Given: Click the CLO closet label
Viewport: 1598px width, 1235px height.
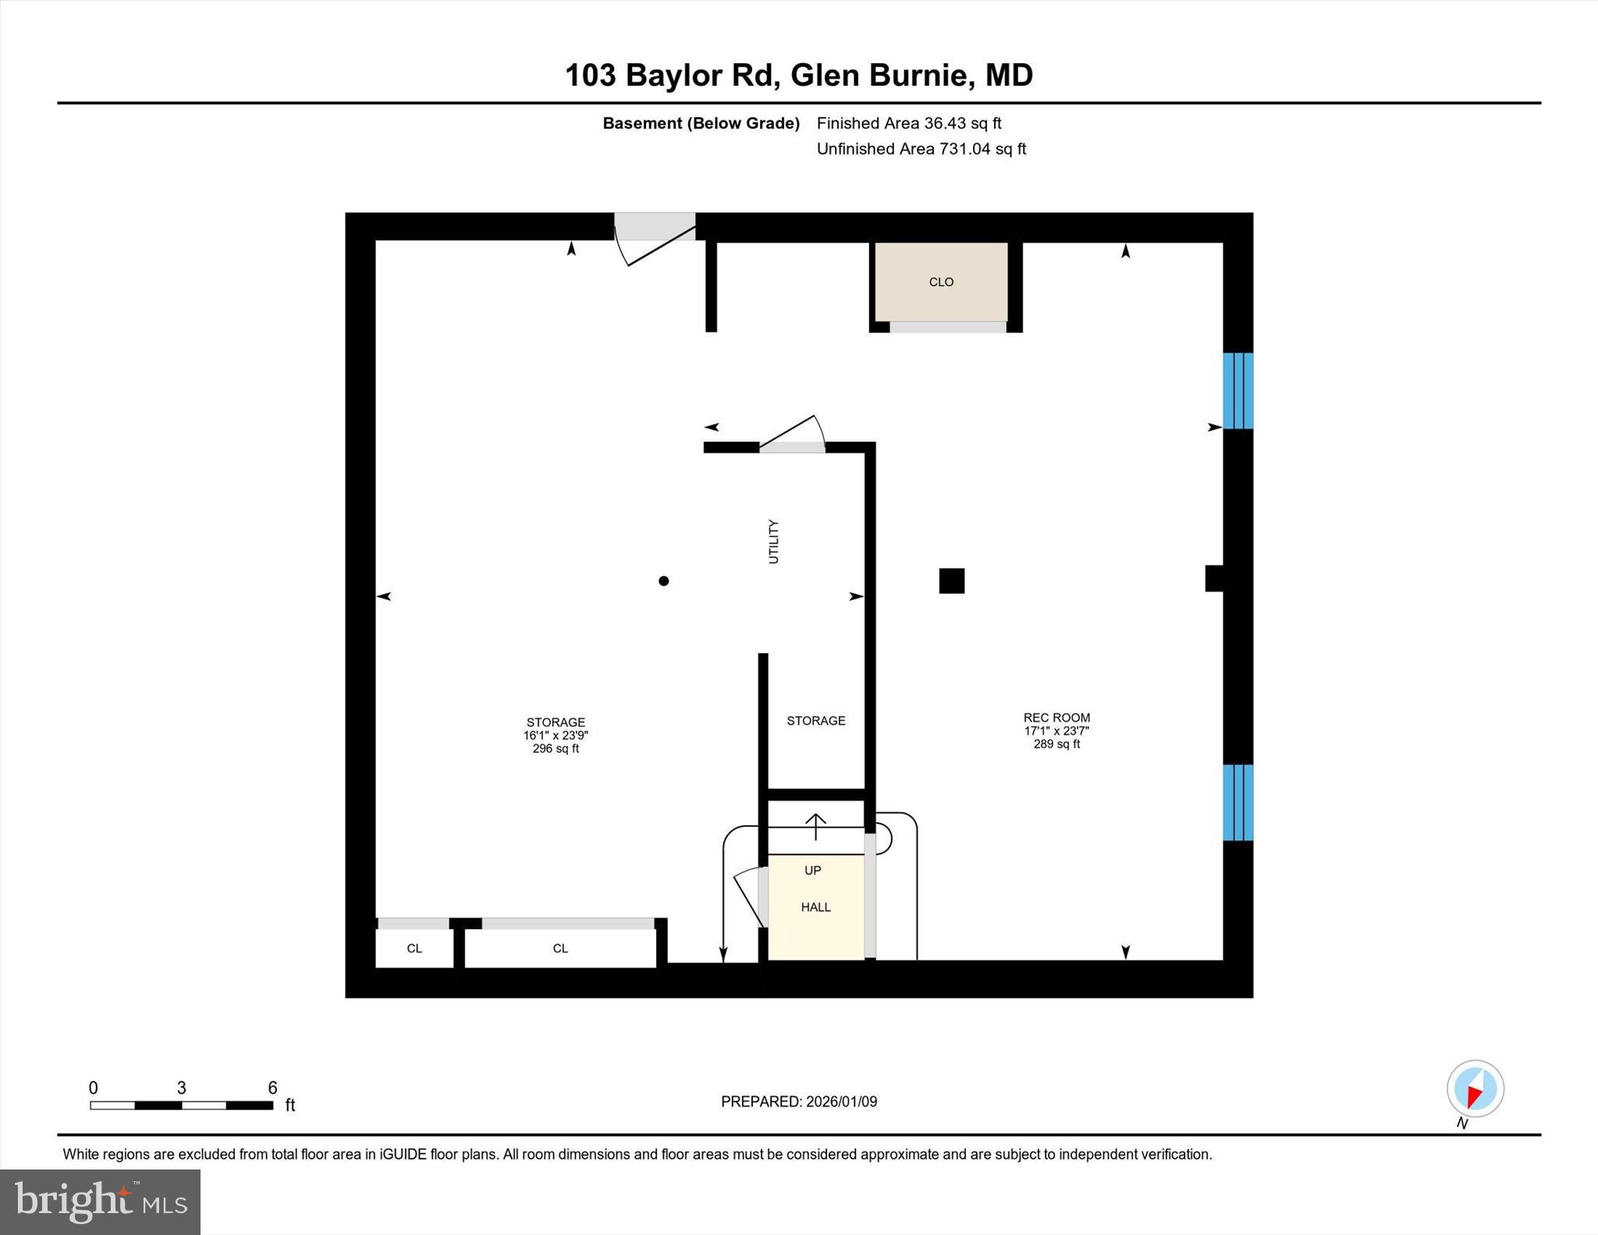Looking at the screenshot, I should point(941,282).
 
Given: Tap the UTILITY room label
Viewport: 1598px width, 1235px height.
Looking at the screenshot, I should point(773,541).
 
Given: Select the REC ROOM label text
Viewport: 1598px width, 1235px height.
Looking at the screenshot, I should point(1056,718).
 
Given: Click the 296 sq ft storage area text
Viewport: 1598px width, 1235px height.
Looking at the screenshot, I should point(556,749).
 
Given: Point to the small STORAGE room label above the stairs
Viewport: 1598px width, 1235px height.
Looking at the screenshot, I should point(815,721).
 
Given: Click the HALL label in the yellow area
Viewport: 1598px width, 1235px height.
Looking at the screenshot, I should point(815,907).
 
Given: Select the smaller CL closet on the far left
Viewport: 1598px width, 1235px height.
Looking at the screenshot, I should point(414,949).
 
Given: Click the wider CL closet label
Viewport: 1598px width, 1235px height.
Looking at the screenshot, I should point(560,949).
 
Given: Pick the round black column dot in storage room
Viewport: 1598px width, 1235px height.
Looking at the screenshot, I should point(663,581).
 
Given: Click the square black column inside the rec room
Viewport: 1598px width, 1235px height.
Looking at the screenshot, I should point(951,581).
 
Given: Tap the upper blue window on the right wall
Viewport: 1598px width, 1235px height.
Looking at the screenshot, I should point(1238,391).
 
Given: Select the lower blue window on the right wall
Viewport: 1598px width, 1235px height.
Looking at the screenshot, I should point(1238,803).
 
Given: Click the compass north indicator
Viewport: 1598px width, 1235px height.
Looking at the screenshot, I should point(1475,1089).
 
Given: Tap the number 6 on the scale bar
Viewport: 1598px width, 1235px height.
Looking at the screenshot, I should point(272,1088).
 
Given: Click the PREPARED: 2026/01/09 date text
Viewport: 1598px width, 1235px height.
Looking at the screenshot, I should point(798,1102).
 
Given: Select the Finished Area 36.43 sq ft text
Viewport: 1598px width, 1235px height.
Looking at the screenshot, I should point(908,123).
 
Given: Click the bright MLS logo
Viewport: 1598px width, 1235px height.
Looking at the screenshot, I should point(100,1201).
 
